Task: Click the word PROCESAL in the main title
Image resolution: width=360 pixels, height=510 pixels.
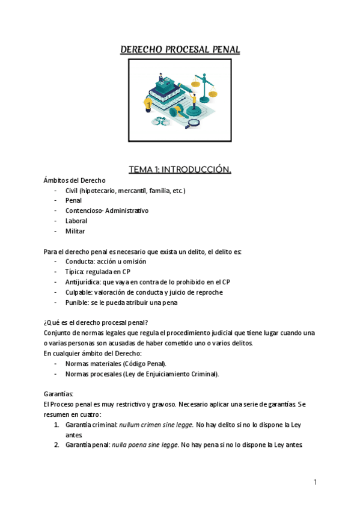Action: (180, 49)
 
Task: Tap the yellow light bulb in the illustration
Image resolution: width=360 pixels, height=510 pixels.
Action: (147, 105)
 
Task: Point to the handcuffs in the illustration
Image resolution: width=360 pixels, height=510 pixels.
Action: (160, 120)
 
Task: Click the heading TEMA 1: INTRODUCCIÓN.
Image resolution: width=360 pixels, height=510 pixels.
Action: (180, 170)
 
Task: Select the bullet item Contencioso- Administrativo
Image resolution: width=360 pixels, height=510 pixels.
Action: (107, 210)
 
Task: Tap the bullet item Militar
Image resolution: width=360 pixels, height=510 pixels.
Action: (75, 231)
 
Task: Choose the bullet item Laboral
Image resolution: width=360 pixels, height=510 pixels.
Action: (76, 221)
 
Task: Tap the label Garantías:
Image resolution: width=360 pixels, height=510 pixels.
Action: (58, 394)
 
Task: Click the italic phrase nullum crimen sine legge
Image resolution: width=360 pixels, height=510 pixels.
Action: (156, 425)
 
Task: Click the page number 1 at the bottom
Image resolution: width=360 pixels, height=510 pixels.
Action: (315, 482)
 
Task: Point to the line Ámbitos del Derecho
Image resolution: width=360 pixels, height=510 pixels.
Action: (75, 180)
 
